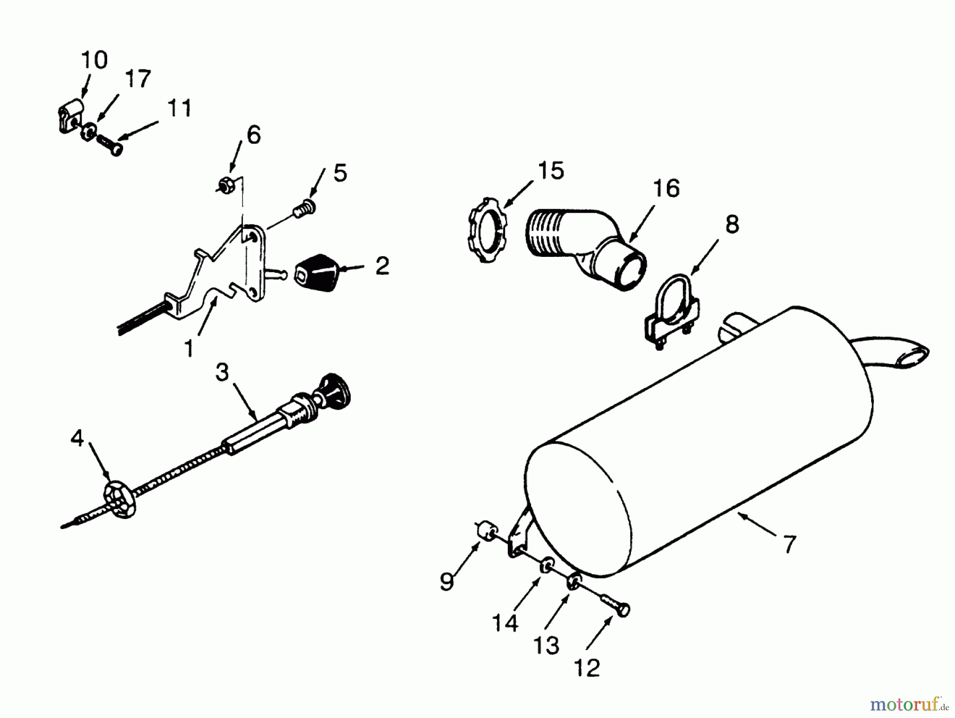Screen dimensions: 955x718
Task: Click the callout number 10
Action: coord(94,60)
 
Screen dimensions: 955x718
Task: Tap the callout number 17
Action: coord(138,79)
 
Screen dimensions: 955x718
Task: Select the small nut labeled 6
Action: coord(225,186)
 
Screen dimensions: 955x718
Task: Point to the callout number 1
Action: coord(189,349)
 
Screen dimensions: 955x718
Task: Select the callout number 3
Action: coord(222,372)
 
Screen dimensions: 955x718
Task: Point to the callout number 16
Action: coord(666,188)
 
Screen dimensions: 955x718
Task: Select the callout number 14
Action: coord(505,622)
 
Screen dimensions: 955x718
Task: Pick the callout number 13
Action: coord(546,646)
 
